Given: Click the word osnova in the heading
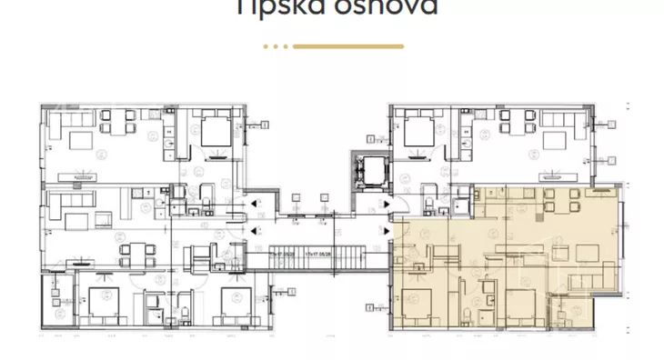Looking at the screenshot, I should pyautogui.click(x=385, y=7).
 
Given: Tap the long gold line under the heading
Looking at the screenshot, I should pyautogui.click(x=348, y=45).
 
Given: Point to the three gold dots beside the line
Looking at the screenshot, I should pyautogui.click(x=276, y=45).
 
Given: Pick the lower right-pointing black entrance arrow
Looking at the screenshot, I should pyautogui.click(x=388, y=231).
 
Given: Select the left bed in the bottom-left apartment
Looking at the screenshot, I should pyautogui.click(x=97, y=302).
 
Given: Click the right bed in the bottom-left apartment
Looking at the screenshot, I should pyautogui.click(x=234, y=303).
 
